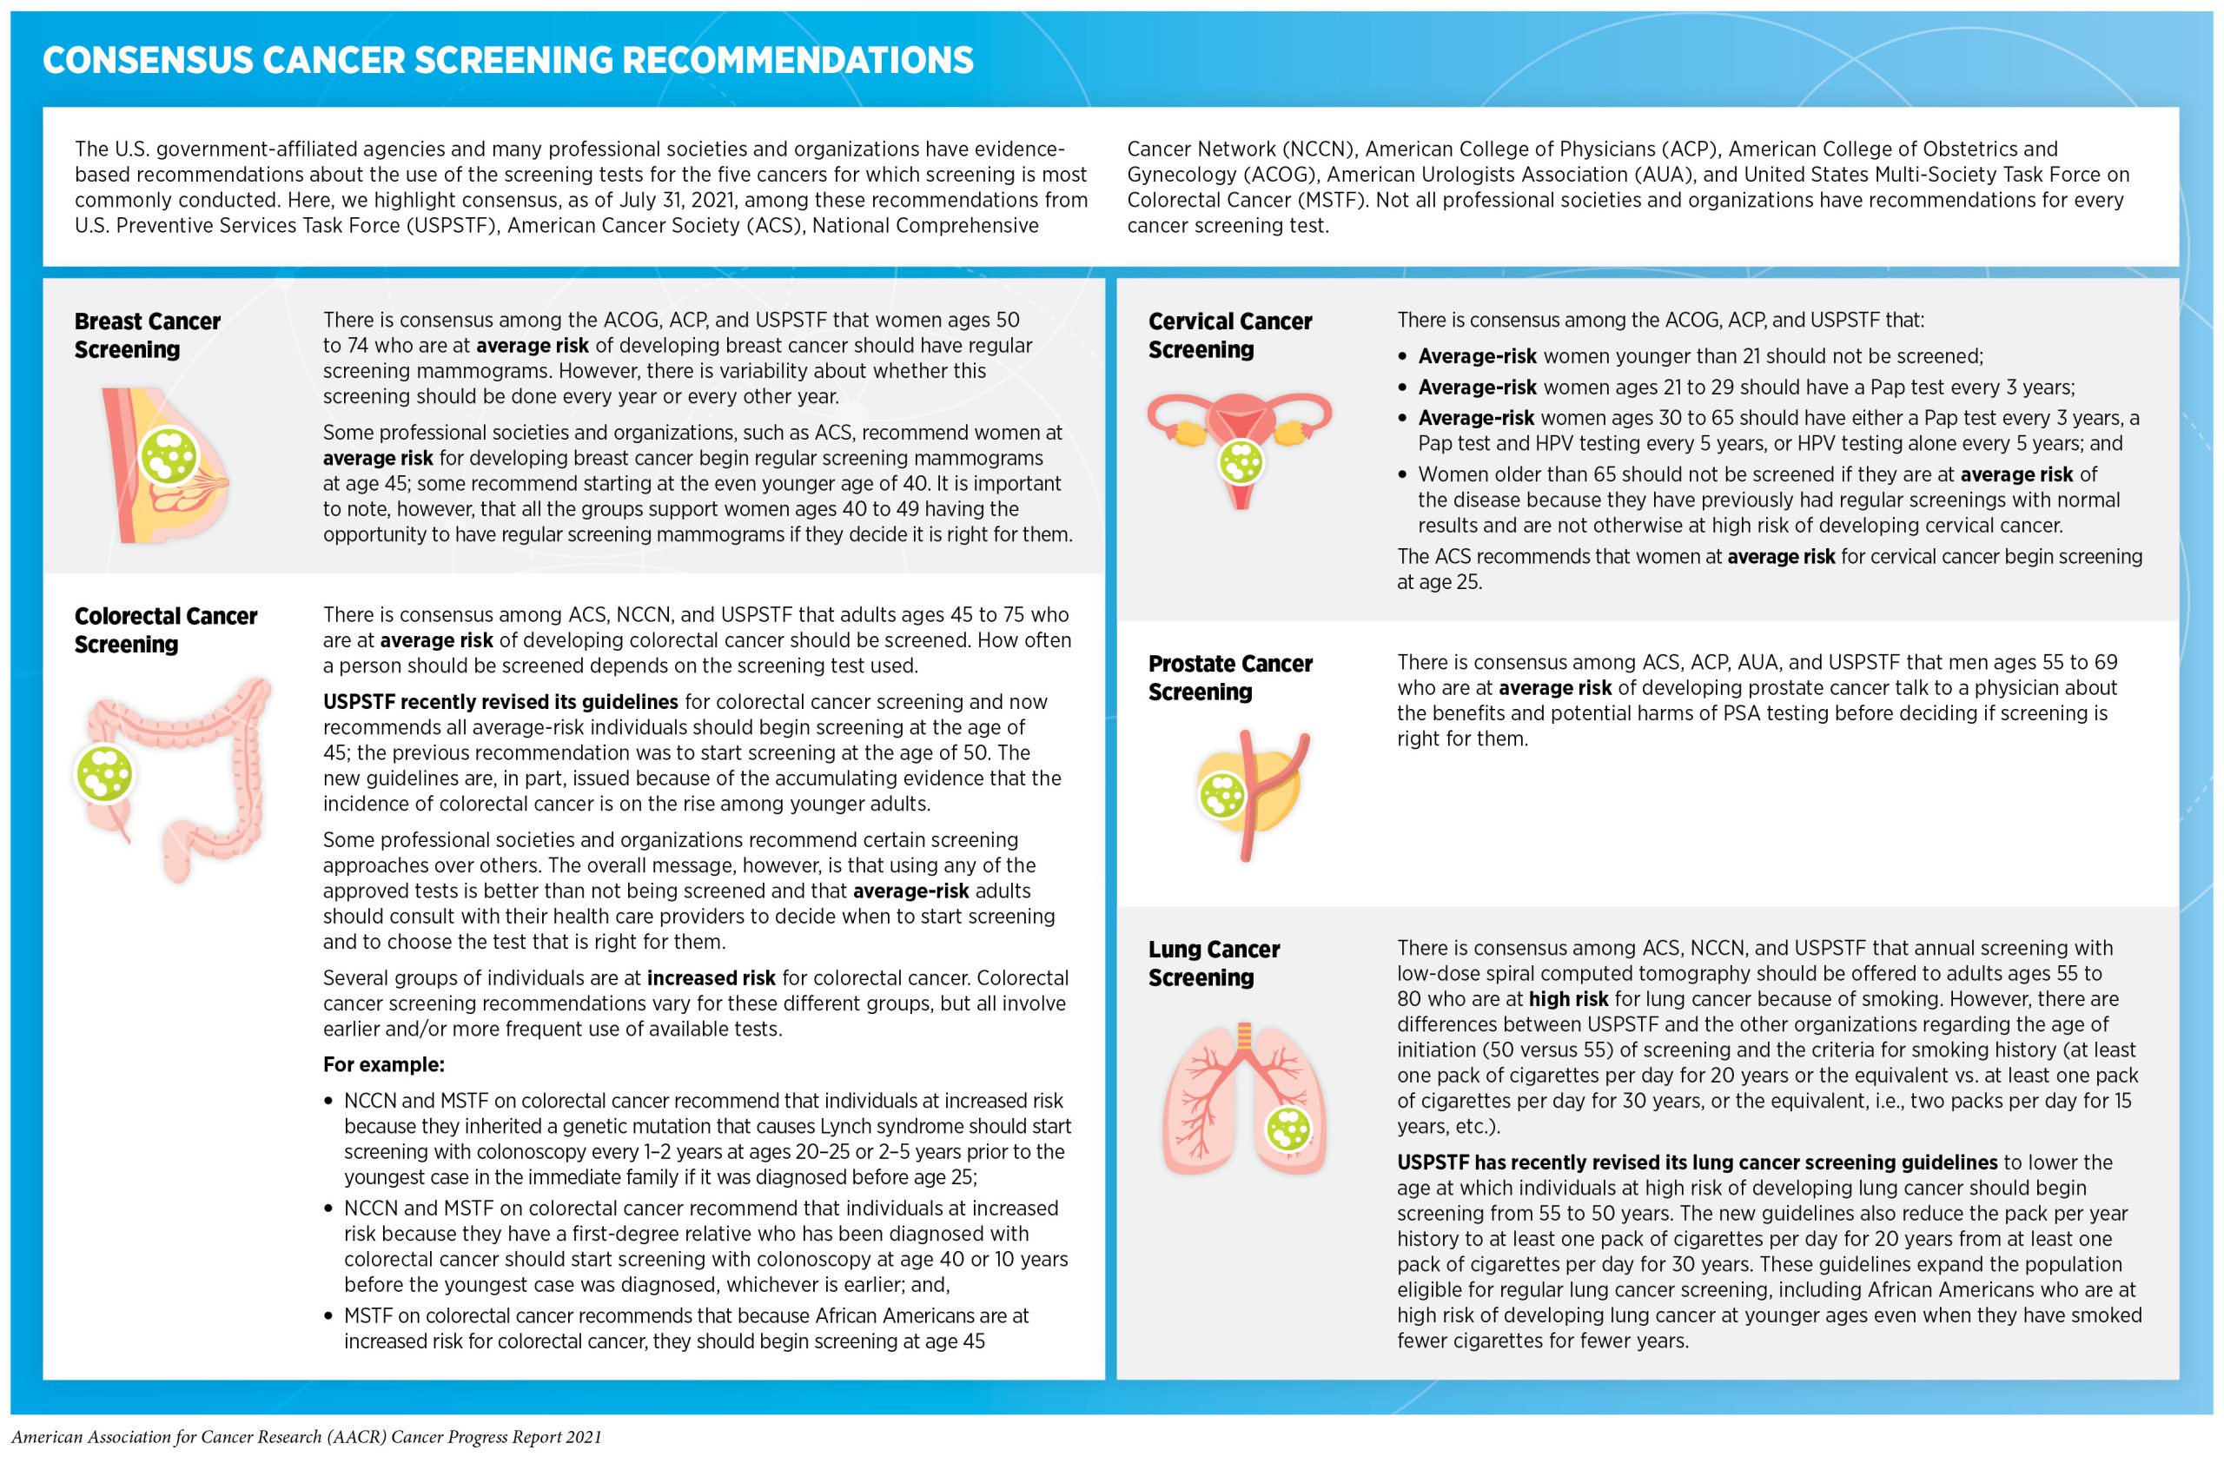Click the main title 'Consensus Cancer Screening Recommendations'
(507, 61)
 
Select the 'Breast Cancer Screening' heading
(147, 334)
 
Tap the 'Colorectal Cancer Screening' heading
(165, 630)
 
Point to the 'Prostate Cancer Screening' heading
(1230, 678)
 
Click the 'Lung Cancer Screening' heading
(1213, 963)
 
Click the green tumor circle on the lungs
(1288, 1129)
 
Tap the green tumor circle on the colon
(103, 775)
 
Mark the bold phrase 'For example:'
(383, 1064)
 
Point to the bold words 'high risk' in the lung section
(1568, 998)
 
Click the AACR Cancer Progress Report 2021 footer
(307, 1436)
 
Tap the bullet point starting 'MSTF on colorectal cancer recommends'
(686, 1328)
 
